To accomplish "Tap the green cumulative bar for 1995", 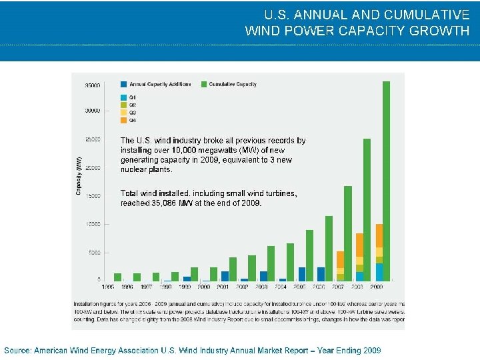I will [x=117, y=277].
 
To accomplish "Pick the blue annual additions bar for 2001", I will [x=225, y=276].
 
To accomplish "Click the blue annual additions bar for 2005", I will [x=302, y=274].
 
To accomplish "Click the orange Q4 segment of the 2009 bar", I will [x=379, y=235].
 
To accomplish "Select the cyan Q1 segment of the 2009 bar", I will [x=379, y=272].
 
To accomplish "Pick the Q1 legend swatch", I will [x=124, y=98].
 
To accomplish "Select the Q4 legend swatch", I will [x=124, y=120].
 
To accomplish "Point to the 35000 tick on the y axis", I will [x=92, y=85].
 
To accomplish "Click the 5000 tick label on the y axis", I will [x=93, y=253].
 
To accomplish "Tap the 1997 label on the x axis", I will [x=147, y=287].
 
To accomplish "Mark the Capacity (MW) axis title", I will [x=79, y=177].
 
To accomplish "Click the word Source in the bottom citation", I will [x=17, y=350].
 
